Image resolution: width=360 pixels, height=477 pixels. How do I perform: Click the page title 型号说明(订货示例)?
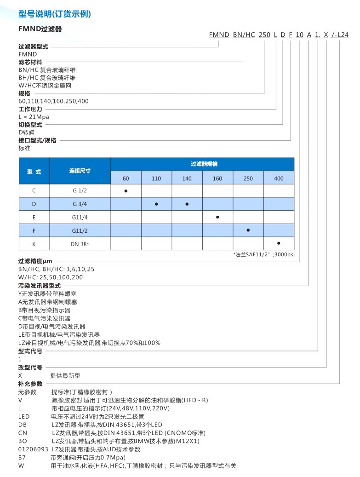coord(54,14)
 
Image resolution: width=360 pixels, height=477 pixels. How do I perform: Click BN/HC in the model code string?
coord(244,34)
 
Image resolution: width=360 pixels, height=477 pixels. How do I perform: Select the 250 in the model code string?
coord(265,34)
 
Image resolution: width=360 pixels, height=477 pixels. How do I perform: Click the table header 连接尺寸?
coord(80,171)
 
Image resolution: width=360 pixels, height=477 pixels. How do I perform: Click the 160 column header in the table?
coord(217,178)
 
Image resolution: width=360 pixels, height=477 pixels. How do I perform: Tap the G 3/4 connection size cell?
coord(80,204)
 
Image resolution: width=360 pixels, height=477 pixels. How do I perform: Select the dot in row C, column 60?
coord(126,190)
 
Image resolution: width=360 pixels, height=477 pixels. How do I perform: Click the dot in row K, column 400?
coord(279,242)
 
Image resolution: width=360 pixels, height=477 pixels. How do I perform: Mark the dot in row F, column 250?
coord(248,230)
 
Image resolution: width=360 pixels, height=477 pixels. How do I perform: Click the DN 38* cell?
coord(80,244)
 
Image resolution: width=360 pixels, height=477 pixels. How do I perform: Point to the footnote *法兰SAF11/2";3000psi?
coord(264,254)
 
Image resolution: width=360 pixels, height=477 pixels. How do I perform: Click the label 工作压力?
coord(30,109)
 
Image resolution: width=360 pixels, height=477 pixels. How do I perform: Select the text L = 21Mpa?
coord(34,117)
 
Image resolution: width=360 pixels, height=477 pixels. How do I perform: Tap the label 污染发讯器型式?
coord(40,285)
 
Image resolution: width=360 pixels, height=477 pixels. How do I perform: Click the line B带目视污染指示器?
coord(45,310)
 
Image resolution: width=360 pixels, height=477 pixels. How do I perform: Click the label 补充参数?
coord(30,383)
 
